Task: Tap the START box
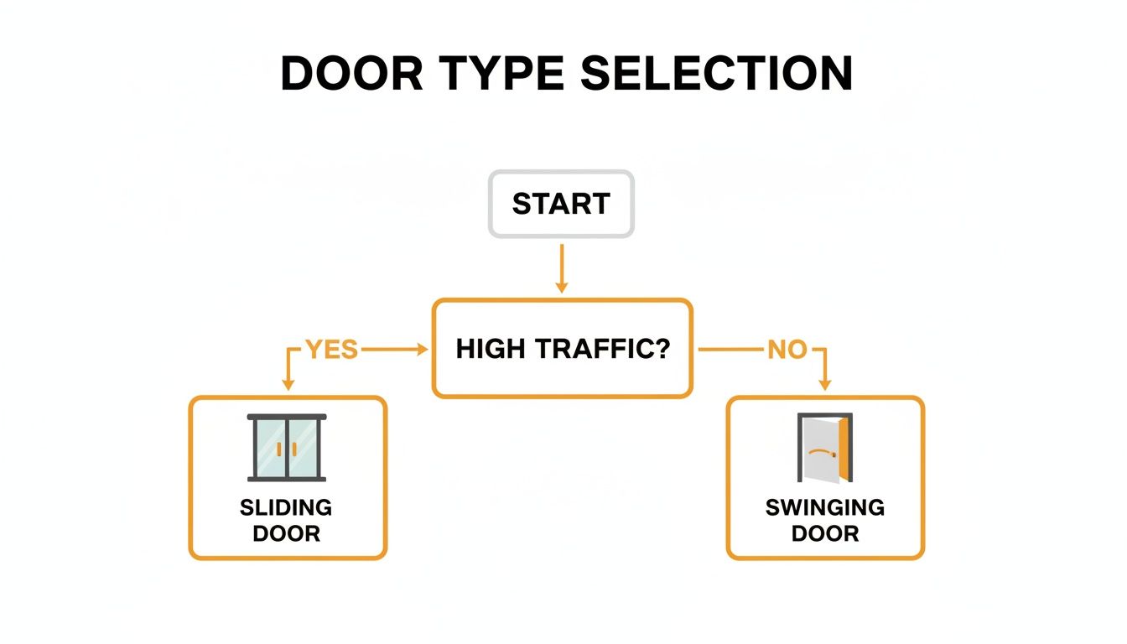tap(561, 204)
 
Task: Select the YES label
tap(332, 350)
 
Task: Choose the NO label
tap(787, 350)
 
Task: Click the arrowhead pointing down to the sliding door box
tap(288, 384)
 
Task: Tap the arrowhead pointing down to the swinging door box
tap(825, 384)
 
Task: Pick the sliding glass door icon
tap(288, 448)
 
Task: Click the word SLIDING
tap(286, 507)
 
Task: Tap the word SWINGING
tap(824, 507)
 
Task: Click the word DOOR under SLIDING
tap(286, 533)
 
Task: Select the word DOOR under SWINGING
tap(824, 533)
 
